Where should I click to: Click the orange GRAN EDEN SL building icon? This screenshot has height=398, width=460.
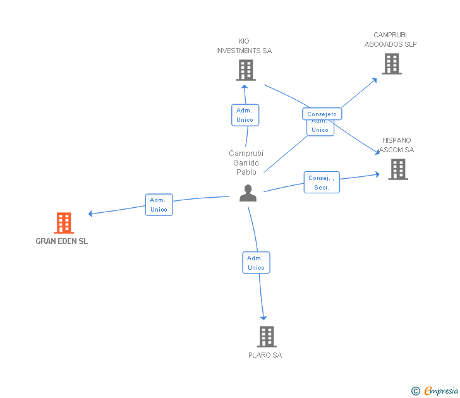(x=64, y=223)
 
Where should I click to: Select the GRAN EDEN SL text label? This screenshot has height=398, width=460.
(x=62, y=241)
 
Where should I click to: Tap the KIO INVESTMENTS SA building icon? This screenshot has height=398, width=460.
(x=246, y=70)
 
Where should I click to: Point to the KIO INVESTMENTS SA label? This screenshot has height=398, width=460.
(x=244, y=46)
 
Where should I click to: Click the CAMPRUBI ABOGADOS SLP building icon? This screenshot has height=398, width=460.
(x=391, y=64)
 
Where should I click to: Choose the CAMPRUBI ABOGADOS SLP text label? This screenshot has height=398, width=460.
(x=390, y=40)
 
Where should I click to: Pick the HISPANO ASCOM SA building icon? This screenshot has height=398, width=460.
(x=397, y=169)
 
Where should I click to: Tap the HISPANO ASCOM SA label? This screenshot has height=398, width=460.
(x=397, y=145)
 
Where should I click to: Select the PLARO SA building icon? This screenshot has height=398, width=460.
(x=267, y=337)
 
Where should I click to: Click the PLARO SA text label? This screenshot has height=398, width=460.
(x=265, y=355)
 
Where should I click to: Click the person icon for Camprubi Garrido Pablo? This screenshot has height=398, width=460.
(x=248, y=193)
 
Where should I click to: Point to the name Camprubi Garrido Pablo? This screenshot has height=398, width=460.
(x=246, y=162)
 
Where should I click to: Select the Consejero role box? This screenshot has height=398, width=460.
(x=322, y=114)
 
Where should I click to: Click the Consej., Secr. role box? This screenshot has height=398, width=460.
(x=322, y=183)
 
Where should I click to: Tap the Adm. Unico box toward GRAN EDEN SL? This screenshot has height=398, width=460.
(x=159, y=205)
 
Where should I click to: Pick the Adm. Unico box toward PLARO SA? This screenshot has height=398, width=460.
(x=256, y=263)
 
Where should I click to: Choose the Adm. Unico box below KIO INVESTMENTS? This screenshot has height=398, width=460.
(x=245, y=115)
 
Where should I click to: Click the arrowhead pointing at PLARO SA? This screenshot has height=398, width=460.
(x=263, y=317)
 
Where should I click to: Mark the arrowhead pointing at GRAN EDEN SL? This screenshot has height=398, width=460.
(x=91, y=214)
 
